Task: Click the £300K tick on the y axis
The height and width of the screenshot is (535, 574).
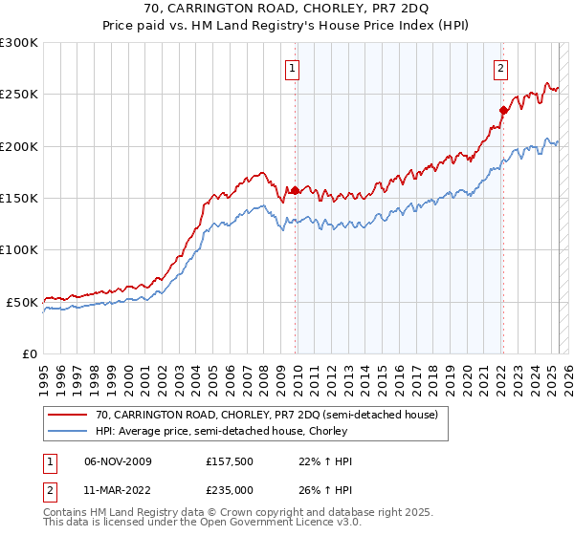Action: (x=19, y=43)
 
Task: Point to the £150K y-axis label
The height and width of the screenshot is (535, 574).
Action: (x=19, y=199)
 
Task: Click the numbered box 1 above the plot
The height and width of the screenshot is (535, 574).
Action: (x=292, y=68)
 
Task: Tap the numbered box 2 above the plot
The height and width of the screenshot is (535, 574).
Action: (x=500, y=68)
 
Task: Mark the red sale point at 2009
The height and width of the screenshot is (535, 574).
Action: (x=295, y=190)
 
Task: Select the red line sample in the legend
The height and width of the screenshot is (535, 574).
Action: (x=67, y=416)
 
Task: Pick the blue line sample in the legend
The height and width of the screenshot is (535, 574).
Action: (x=67, y=430)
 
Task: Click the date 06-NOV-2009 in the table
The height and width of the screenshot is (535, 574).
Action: (x=118, y=461)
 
